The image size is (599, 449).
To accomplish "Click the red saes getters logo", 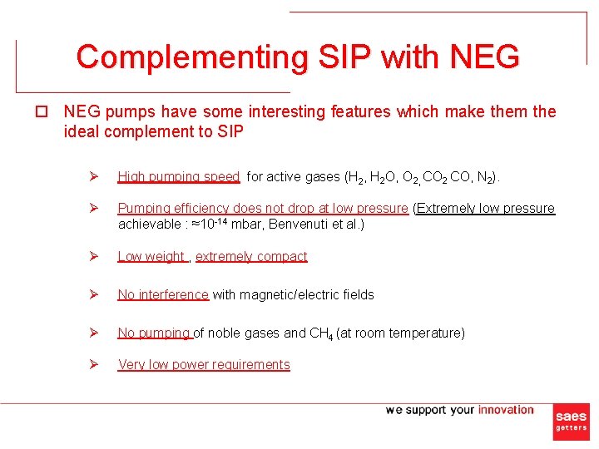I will click(x=571, y=422).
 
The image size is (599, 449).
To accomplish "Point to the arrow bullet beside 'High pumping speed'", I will click(x=94, y=176).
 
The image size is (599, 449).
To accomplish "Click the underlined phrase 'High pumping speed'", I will click(x=179, y=176).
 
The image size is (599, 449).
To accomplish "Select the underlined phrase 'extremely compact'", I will click(x=251, y=256).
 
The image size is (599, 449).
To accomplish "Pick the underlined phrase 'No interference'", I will click(x=163, y=294).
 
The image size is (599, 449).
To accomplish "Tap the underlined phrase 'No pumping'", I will click(x=154, y=333).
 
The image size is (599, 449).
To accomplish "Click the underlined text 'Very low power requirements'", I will click(x=204, y=364).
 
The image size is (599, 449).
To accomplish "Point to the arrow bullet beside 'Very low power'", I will click(x=94, y=364).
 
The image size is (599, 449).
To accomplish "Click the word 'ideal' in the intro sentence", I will click(x=80, y=132).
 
